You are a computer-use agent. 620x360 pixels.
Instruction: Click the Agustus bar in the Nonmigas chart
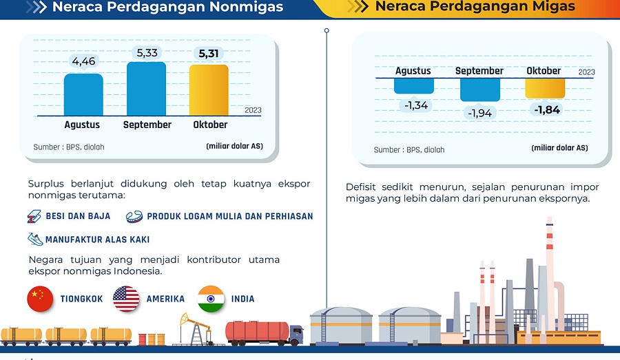point(83,95)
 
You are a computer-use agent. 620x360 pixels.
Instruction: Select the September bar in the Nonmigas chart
point(146,89)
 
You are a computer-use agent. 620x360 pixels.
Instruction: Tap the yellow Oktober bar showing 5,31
point(209,90)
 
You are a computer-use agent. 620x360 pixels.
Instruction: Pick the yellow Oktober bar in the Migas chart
point(545,88)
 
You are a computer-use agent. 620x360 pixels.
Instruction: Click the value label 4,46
point(84,61)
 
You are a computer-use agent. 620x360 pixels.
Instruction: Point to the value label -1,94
point(479,114)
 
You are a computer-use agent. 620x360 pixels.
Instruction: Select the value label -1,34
point(416,105)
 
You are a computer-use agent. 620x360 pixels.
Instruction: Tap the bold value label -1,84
point(547,109)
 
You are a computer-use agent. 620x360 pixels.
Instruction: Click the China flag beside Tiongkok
point(40,299)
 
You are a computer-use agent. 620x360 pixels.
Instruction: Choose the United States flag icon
point(126,299)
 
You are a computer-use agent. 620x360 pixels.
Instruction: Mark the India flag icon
point(211,299)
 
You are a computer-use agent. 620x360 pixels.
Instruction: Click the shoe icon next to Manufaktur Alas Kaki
point(35,239)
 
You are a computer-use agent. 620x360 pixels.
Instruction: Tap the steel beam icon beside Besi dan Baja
point(34,216)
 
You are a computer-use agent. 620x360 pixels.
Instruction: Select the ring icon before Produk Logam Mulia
point(134,217)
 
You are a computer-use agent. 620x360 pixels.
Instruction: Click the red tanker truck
point(264,333)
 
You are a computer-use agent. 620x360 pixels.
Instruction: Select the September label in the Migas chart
point(479,71)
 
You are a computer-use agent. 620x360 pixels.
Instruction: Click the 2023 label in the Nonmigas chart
point(253,110)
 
